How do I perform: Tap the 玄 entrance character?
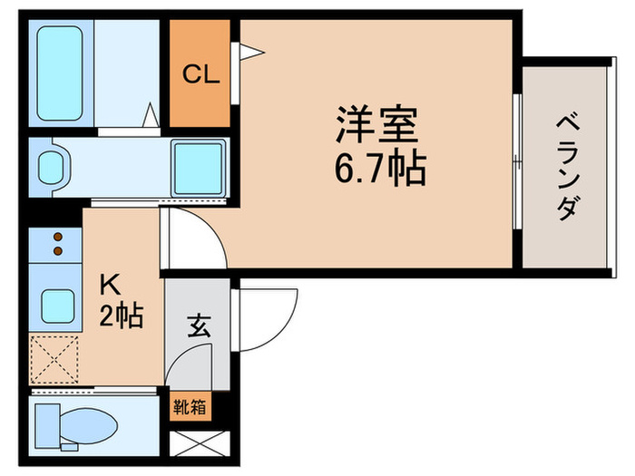200,325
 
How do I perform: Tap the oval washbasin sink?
53,166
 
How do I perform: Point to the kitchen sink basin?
57,301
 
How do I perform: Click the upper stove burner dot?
59,238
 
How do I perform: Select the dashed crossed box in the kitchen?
55,358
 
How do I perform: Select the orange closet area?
200,91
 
